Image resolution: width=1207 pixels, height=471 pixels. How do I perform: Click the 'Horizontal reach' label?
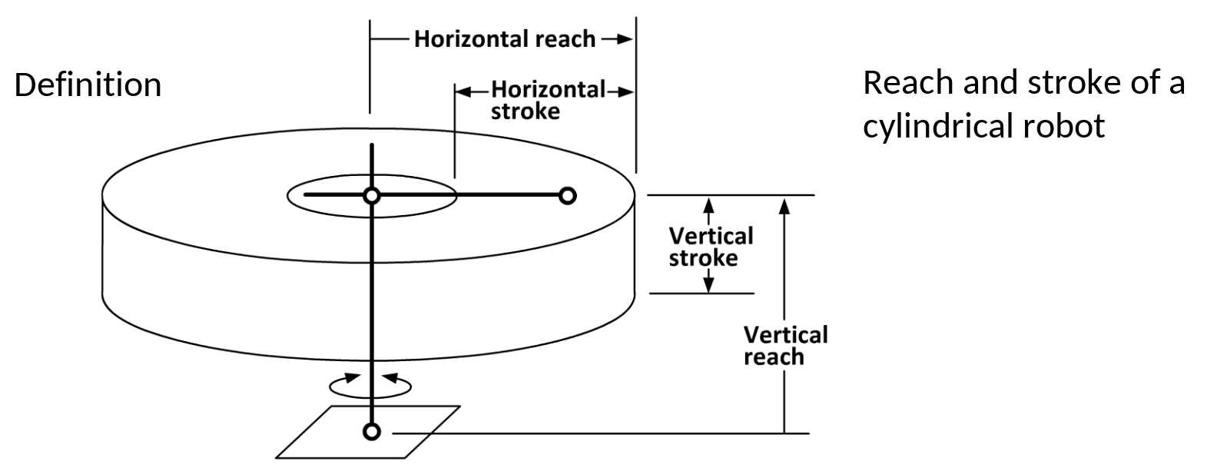[505, 39]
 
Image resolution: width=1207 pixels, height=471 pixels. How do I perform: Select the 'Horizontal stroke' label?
[548, 101]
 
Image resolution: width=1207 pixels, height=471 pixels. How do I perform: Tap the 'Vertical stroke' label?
[711, 247]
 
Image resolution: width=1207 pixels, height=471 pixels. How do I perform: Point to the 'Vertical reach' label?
[785, 346]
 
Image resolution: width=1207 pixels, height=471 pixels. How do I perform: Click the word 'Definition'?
[88, 85]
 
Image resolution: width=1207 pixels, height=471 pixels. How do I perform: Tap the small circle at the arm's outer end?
[568, 196]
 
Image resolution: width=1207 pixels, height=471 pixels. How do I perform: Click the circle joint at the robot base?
[372, 432]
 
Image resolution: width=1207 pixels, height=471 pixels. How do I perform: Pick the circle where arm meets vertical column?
[372, 196]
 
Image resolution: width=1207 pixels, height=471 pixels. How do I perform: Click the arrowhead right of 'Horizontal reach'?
[625, 38]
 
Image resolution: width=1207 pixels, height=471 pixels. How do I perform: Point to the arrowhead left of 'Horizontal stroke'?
[463, 92]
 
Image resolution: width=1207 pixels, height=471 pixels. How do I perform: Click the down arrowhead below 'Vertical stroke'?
[709, 285]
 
